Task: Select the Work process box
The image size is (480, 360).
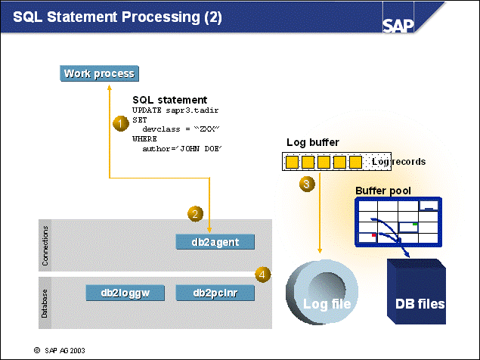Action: pos(99,73)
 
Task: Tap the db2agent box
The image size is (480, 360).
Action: pos(215,242)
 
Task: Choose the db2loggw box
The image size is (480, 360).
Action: pos(124,293)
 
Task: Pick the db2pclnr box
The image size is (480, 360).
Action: pos(215,293)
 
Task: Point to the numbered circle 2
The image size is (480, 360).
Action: pos(195,214)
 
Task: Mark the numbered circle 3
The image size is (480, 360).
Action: pos(305,184)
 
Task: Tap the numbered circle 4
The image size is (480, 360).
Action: pos(262,275)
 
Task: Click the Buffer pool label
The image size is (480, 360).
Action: pos(382,190)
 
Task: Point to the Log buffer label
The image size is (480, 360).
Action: pos(313,142)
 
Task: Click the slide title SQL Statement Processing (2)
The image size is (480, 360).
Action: pos(118,17)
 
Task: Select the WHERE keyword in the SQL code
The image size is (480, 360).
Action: pos(144,139)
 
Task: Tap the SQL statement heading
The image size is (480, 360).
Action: pos(169,100)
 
